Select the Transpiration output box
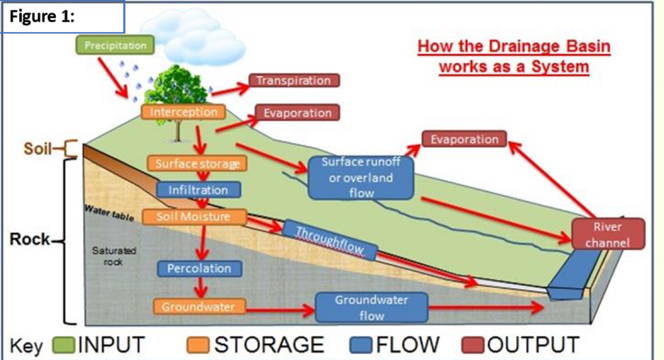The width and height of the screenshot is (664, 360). point(294,81)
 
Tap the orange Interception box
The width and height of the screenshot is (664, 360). point(182,112)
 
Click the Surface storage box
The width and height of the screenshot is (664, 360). point(197,164)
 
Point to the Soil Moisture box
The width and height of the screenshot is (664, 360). point(192,217)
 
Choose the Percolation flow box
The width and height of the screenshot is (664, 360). point(199,268)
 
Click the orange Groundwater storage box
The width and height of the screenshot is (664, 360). point(198,307)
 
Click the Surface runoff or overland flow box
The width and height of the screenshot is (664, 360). point(361,177)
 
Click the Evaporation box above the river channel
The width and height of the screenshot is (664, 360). point(463,139)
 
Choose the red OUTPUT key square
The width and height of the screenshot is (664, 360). point(473,345)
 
